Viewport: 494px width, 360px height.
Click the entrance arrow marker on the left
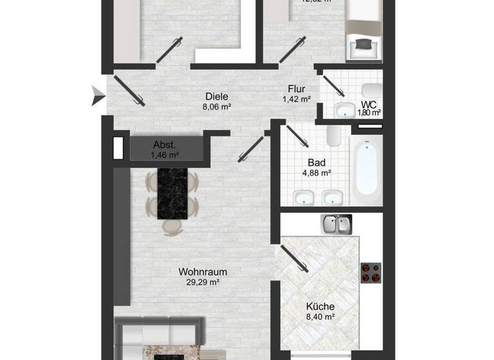point(97,96)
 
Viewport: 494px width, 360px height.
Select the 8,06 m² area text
point(216,107)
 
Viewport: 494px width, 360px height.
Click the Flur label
point(296,89)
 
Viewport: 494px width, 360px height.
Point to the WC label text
point(369,104)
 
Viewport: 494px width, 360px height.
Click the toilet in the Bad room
point(333,136)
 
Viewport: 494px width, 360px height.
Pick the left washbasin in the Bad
point(300,197)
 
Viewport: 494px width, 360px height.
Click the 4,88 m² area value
point(316,172)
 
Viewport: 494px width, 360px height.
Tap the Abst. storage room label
point(164,145)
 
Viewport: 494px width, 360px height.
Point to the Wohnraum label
point(203,271)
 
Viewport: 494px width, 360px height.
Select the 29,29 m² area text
point(203,282)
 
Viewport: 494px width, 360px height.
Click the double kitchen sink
point(336,225)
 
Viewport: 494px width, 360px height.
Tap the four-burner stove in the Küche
point(371,273)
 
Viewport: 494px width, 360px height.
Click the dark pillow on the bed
point(363,44)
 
